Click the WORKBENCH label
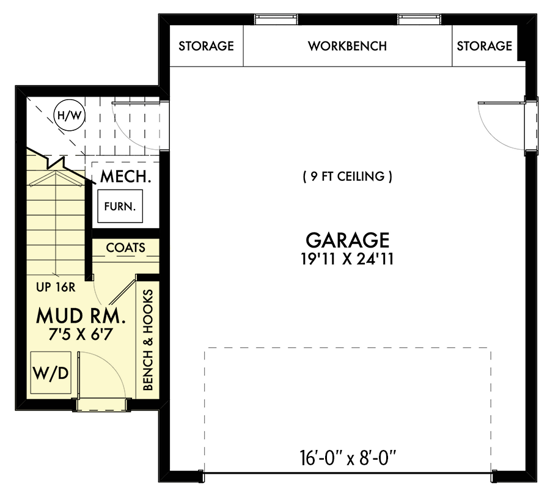point(347,46)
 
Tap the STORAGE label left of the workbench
point(206,46)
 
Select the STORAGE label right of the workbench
point(484,46)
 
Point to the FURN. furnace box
point(120,207)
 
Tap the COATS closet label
point(125,248)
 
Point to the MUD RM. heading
point(81,315)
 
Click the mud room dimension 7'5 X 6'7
point(81,334)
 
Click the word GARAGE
point(347,239)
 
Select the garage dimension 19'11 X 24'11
point(347,259)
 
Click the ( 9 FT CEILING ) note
point(347,177)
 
